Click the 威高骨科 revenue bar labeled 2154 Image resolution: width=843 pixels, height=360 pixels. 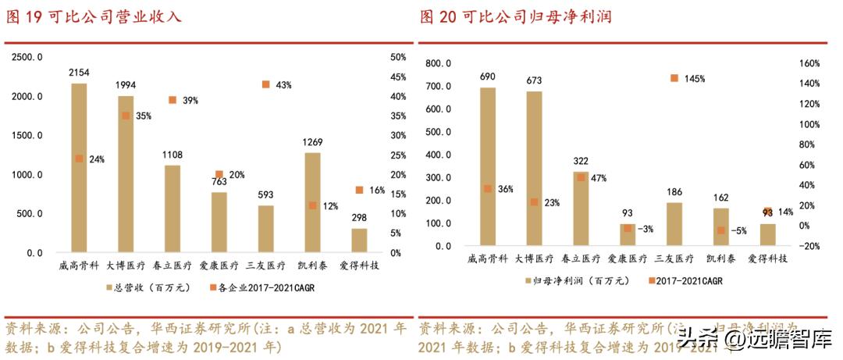click(79, 168)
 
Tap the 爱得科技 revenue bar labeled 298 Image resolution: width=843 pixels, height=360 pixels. click(359, 241)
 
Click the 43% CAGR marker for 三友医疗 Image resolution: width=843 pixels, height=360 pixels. click(266, 84)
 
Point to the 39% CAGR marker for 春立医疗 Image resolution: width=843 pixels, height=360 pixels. click(173, 100)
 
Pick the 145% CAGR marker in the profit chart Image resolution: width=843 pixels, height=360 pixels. click(674, 78)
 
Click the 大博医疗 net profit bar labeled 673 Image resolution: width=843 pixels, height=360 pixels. click(534, 168)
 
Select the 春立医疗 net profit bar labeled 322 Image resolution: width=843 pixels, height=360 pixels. click(581, 209)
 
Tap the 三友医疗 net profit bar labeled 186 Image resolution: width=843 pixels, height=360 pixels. click(674, 224)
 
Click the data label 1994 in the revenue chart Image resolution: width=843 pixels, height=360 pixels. click(126, 84)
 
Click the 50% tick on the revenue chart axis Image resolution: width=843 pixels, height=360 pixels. click(397, 57)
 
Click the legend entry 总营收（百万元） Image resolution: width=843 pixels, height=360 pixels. click(144, 287)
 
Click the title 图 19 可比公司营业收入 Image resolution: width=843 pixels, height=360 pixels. click(94, 16)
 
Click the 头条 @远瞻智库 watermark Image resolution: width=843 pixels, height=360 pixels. click(753, 339)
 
